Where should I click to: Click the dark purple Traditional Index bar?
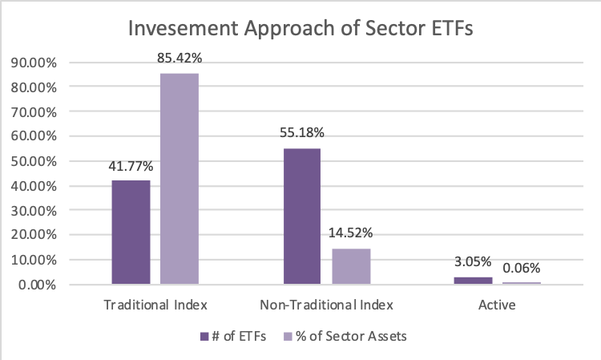(x=131, y=232)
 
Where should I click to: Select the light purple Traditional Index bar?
(x=179, y=179)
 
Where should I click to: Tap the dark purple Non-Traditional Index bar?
(x=302, y=216)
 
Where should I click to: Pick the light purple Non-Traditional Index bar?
(x=351, y=266)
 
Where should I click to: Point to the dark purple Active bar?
(x=473, y=281)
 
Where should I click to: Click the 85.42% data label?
(x=179, y=58)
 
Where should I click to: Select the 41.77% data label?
(x=131, y=167)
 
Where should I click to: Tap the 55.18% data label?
(x=302, y=132)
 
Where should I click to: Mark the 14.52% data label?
(x=351, y=233)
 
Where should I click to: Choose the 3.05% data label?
(x=473, y=262)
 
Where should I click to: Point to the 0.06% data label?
(x=522, y=268)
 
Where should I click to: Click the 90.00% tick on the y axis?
(x=34, y=63)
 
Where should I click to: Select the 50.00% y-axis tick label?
(x=34, y=161)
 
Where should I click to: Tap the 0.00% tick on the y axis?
(x=37, y=285)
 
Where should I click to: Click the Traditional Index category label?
(x=155, y=305)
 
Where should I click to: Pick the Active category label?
(x=497, y=305)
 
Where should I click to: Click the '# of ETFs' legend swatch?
(x=204, y=337)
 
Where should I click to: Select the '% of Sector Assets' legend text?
(x=351, y=336)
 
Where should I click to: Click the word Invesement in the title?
(x=184, y=28)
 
